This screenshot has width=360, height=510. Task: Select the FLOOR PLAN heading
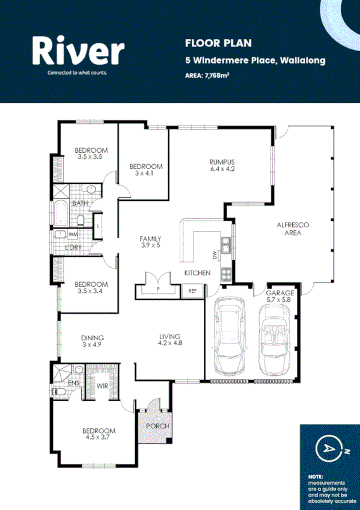210,43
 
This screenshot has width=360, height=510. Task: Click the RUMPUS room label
221,162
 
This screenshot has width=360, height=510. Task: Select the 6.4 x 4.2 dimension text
221,169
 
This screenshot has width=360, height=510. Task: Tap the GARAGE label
280,293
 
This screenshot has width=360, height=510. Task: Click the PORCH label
157,426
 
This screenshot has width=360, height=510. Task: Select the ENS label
73,382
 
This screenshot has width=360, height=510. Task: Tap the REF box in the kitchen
192,291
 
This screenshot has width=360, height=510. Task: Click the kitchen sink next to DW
226,245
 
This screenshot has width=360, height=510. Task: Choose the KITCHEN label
197,273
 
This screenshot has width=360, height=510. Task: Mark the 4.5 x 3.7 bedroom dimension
99,438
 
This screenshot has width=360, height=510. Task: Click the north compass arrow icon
328,448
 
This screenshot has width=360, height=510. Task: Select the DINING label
93,337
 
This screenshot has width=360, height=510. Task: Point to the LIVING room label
169,336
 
